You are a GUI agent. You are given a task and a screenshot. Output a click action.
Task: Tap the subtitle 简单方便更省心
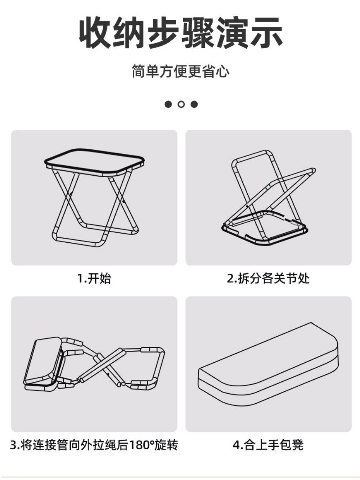[x=180, y=71]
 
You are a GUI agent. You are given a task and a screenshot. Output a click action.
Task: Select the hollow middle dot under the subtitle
[x=181, y=104]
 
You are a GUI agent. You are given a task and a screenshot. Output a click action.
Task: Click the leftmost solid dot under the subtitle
[x=168, y=104]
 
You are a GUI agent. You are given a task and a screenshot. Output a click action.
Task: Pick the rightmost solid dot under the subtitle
[x=194, y=104]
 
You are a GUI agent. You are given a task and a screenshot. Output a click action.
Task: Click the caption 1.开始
[x=94, y=278]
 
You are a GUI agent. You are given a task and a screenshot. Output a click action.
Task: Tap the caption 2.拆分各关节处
[x=268, y=278]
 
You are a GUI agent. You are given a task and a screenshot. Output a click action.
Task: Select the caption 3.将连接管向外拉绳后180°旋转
[x=94, y=445]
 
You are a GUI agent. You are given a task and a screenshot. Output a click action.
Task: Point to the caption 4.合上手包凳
[x=268, y=445]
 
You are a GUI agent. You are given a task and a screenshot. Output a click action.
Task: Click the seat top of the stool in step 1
[x=94, y=161]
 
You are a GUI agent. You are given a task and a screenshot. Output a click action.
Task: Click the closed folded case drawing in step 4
[x=268, y=364]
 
